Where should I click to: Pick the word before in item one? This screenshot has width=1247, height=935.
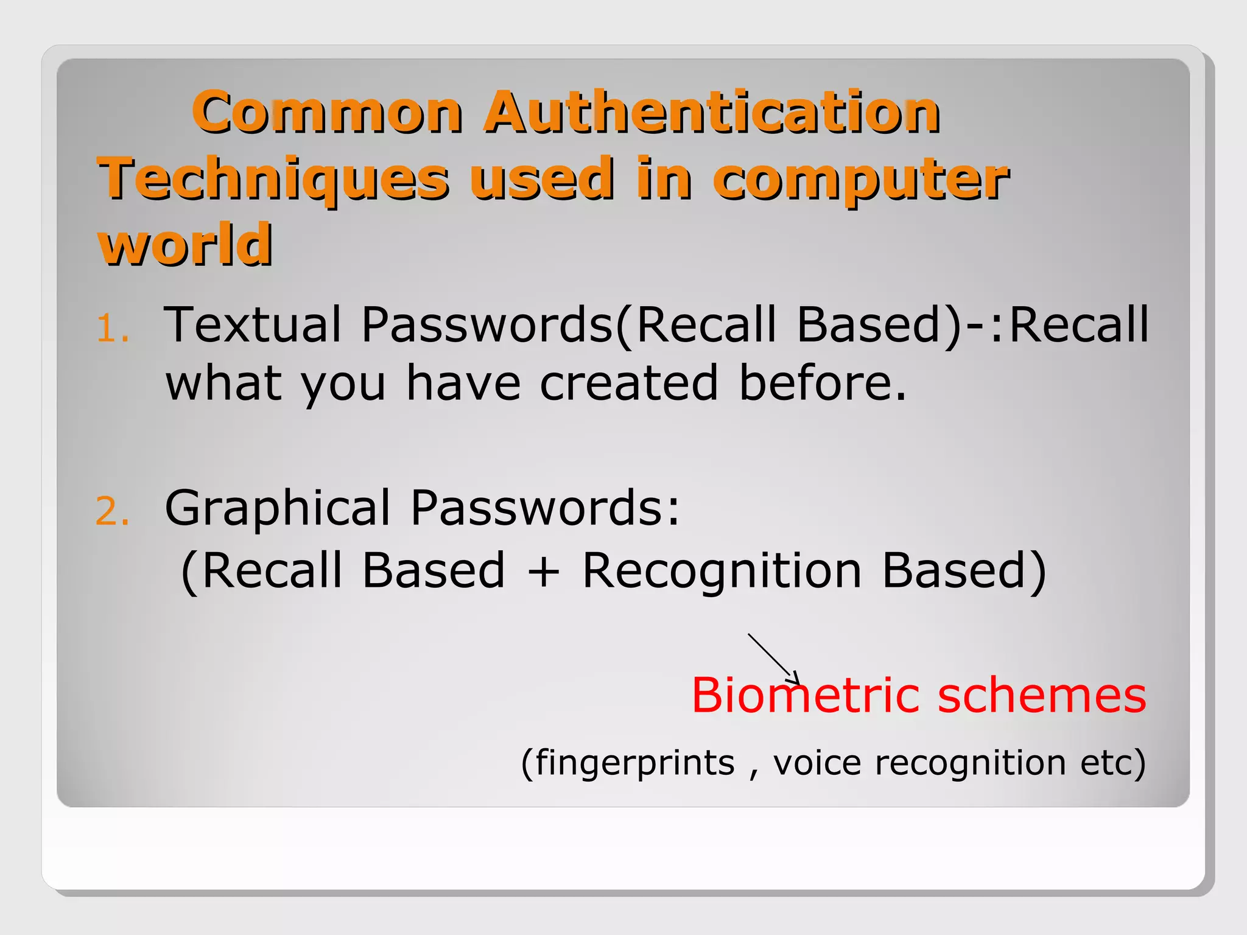[x=822, y=383]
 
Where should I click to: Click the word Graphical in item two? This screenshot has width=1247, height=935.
[x=277, y=508]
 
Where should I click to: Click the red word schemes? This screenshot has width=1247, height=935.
[x=1042, y=695]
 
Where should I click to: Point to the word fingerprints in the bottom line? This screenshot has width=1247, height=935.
[x=635, y=763]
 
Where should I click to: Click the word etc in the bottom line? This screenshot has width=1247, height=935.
[x=1105, y=762]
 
